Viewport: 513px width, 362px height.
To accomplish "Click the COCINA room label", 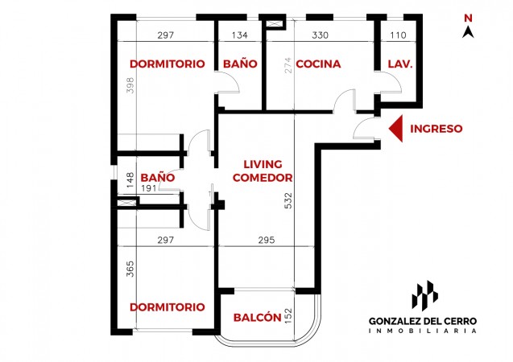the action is [x=318, y=64].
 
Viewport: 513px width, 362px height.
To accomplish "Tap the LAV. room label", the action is [x=400, y=64].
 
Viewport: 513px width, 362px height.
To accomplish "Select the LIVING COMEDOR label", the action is [x=263, y=171].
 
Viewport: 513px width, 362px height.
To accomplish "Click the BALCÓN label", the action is [x=258, y=317].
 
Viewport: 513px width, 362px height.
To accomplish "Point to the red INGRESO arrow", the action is [x=396, y=129].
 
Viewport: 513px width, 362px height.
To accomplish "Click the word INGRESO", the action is [x=436, y=129].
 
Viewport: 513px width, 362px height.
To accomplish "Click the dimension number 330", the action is [x=320, y=35].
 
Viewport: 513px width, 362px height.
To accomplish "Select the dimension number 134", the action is [x=239, y=35].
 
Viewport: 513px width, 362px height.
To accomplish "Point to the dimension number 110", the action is [x=398, y=35].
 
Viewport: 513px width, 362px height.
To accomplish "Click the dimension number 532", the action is [x=288, y=200].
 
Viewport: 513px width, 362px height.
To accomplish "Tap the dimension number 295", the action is [x=267, y=241].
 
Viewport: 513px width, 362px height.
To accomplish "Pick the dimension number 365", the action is [x=130, y=269].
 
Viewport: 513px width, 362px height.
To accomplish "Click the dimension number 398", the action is [x=130, y=85].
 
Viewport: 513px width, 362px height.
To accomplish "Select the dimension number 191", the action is [x=149, y=189].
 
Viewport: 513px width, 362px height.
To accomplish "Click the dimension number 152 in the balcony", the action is [x=288, y=316].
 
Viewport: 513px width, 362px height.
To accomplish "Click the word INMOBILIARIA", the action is [x=422, y=331].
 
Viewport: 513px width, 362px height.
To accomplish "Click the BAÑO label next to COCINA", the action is [x=240, y=64].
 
